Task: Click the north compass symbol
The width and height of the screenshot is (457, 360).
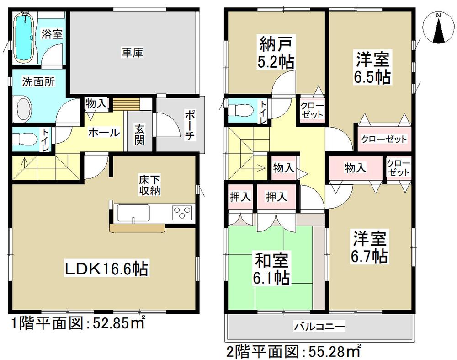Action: tap(437, 28)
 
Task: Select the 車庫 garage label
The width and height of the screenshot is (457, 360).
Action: tap(133, 53)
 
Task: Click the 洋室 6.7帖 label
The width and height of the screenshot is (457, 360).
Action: tap(371, 247)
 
